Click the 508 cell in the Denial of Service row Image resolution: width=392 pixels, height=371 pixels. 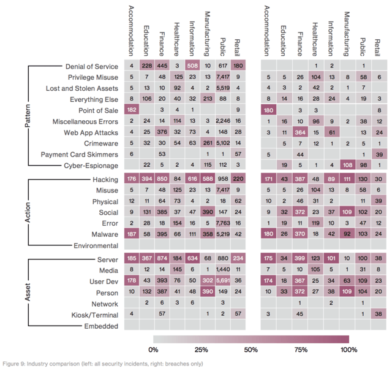(192, 66)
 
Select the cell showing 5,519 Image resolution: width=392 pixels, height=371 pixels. (223, 88)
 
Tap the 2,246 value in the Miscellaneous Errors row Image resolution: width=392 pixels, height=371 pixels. (223, 121)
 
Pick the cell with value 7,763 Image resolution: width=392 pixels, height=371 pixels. (223, 223)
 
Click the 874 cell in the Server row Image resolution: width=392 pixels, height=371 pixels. (162, 258)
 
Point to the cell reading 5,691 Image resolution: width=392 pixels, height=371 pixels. (223, 280)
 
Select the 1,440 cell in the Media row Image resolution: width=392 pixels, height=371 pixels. (223, 269)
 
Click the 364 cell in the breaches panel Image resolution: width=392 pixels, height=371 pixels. (300, 132)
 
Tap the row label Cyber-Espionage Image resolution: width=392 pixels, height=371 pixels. (91, 166)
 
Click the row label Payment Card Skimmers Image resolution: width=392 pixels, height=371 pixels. (80, 155)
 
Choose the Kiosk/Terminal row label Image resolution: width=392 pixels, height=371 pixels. (95, 315)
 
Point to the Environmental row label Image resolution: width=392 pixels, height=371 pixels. (96, 245)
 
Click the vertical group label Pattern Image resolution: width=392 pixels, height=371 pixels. (28, 116)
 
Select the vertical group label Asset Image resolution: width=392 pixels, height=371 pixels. (28, 292)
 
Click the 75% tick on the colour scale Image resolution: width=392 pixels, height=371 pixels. (301, 350)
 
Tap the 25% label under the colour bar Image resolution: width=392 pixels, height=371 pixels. (202, 350)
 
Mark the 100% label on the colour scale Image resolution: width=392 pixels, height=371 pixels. (349, 350)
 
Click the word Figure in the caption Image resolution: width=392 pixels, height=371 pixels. (10, 364)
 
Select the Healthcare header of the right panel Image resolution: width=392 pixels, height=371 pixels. (315, 39)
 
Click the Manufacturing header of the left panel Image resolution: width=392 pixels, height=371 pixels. (207, 34)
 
